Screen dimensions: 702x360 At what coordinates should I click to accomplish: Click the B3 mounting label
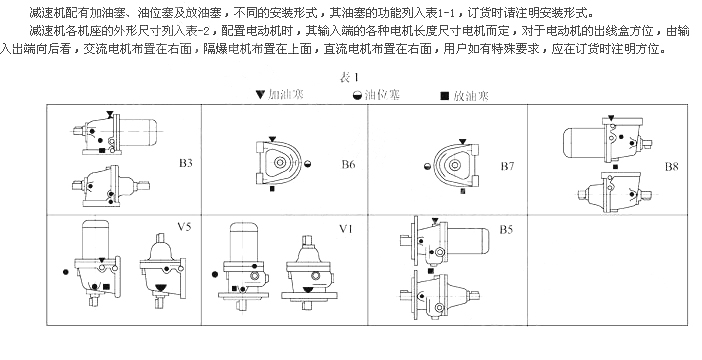coord(186,163)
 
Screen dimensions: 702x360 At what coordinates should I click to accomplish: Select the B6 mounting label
coord(348,164)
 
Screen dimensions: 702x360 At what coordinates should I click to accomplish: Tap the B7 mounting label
coord(507,167)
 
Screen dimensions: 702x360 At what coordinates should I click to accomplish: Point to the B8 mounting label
coord(672,167)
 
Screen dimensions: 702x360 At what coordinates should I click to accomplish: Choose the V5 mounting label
coord(184,227)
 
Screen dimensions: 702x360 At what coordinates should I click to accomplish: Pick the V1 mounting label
coord(346,229)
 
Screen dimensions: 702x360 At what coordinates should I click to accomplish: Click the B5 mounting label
coord(506,230)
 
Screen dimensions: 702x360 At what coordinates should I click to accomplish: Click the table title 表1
coord(349,77)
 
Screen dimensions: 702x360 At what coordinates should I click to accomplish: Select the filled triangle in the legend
coord(260,94)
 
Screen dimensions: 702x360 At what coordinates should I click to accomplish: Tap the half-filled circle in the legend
coord(357,95)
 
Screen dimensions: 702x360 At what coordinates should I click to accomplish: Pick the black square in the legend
coord(445,96)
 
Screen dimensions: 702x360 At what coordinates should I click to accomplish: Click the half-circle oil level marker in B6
coord(308,164)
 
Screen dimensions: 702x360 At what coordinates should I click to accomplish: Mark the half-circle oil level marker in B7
coord(427,167)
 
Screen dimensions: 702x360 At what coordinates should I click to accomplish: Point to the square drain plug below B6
coord(272,189)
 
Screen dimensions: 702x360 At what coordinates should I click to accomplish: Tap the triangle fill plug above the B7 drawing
coord(463,142)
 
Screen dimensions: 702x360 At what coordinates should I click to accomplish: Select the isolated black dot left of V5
coord(66,272)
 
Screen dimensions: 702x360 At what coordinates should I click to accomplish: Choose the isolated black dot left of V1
coord(214,274)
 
